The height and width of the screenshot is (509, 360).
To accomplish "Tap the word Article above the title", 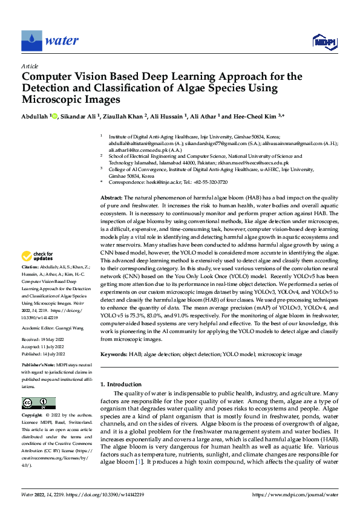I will (29, 66).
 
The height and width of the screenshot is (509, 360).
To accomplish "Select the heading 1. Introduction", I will (120, 384).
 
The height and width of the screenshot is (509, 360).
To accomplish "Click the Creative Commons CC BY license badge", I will (38, 403).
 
